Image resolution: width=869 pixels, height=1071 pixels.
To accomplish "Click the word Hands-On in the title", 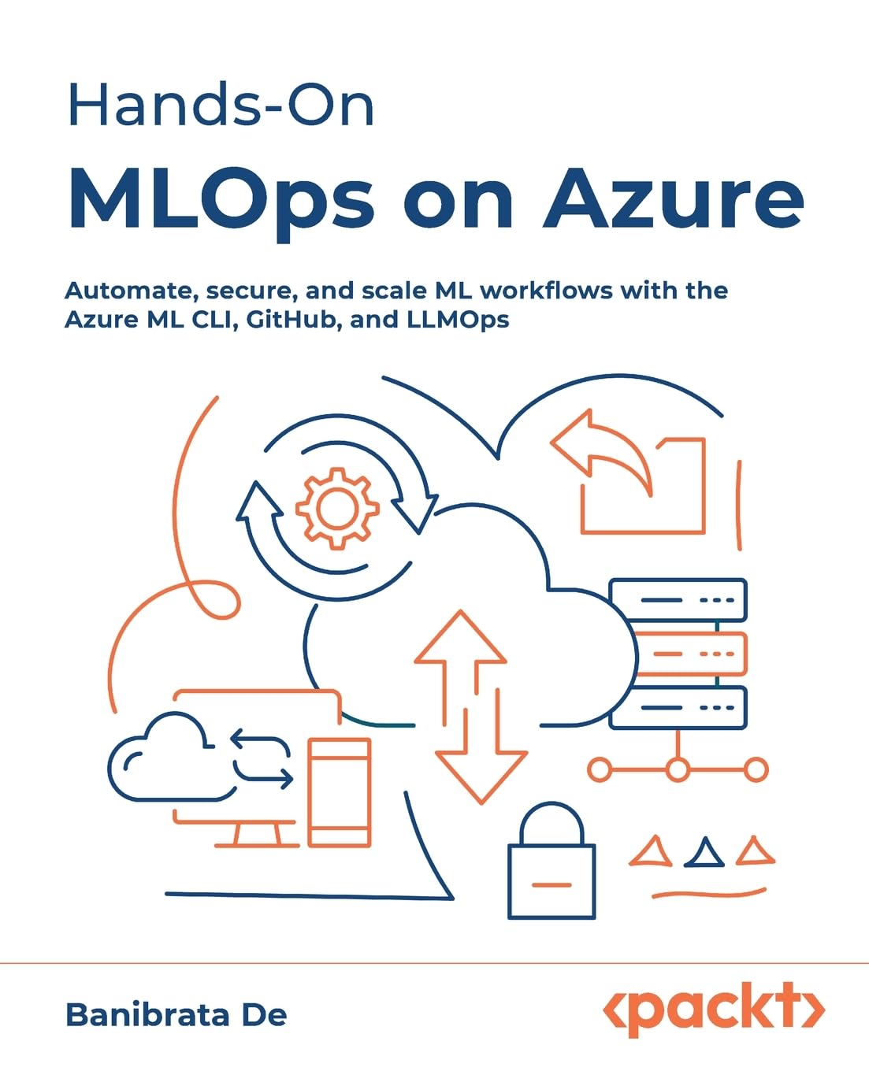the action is (221, 105).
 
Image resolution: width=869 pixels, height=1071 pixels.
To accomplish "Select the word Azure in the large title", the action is (674, 198).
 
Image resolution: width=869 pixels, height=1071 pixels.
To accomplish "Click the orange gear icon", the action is (336, 508).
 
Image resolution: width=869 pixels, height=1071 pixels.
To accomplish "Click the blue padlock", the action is (551, 860).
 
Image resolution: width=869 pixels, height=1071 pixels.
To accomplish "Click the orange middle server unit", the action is (692, 654).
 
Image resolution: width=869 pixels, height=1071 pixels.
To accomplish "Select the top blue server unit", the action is (678, 600).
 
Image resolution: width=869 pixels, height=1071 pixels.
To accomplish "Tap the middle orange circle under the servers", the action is (678, 769).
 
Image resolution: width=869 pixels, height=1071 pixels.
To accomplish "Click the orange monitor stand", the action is (257, 836).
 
